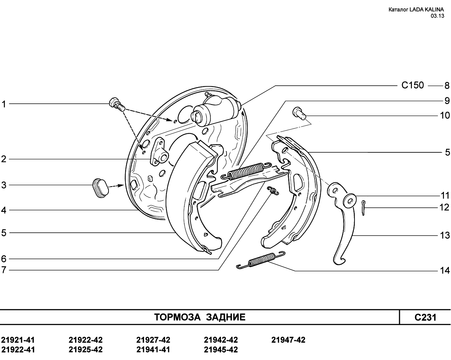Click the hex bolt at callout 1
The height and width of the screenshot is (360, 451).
pos(117,104)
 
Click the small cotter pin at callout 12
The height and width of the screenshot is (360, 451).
pos(364,208)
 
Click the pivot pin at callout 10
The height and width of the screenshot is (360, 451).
pos(299,113)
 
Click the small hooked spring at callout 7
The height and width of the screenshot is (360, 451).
pos(273,191)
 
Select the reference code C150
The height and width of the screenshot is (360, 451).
pos(413,85)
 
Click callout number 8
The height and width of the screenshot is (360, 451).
pos(447,86)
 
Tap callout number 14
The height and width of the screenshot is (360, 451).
pos(445,271)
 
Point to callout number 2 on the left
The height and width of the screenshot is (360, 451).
pos(4,159)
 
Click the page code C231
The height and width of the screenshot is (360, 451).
pos(425,317)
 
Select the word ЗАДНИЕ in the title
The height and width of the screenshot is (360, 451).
pos(226,317)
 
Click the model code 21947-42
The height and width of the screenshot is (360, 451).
pos(288,340)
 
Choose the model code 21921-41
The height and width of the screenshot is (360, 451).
pos(18,340)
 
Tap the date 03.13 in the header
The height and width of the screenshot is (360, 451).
pos(437,16)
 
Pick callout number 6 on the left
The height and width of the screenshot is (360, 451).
pos(4,259)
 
